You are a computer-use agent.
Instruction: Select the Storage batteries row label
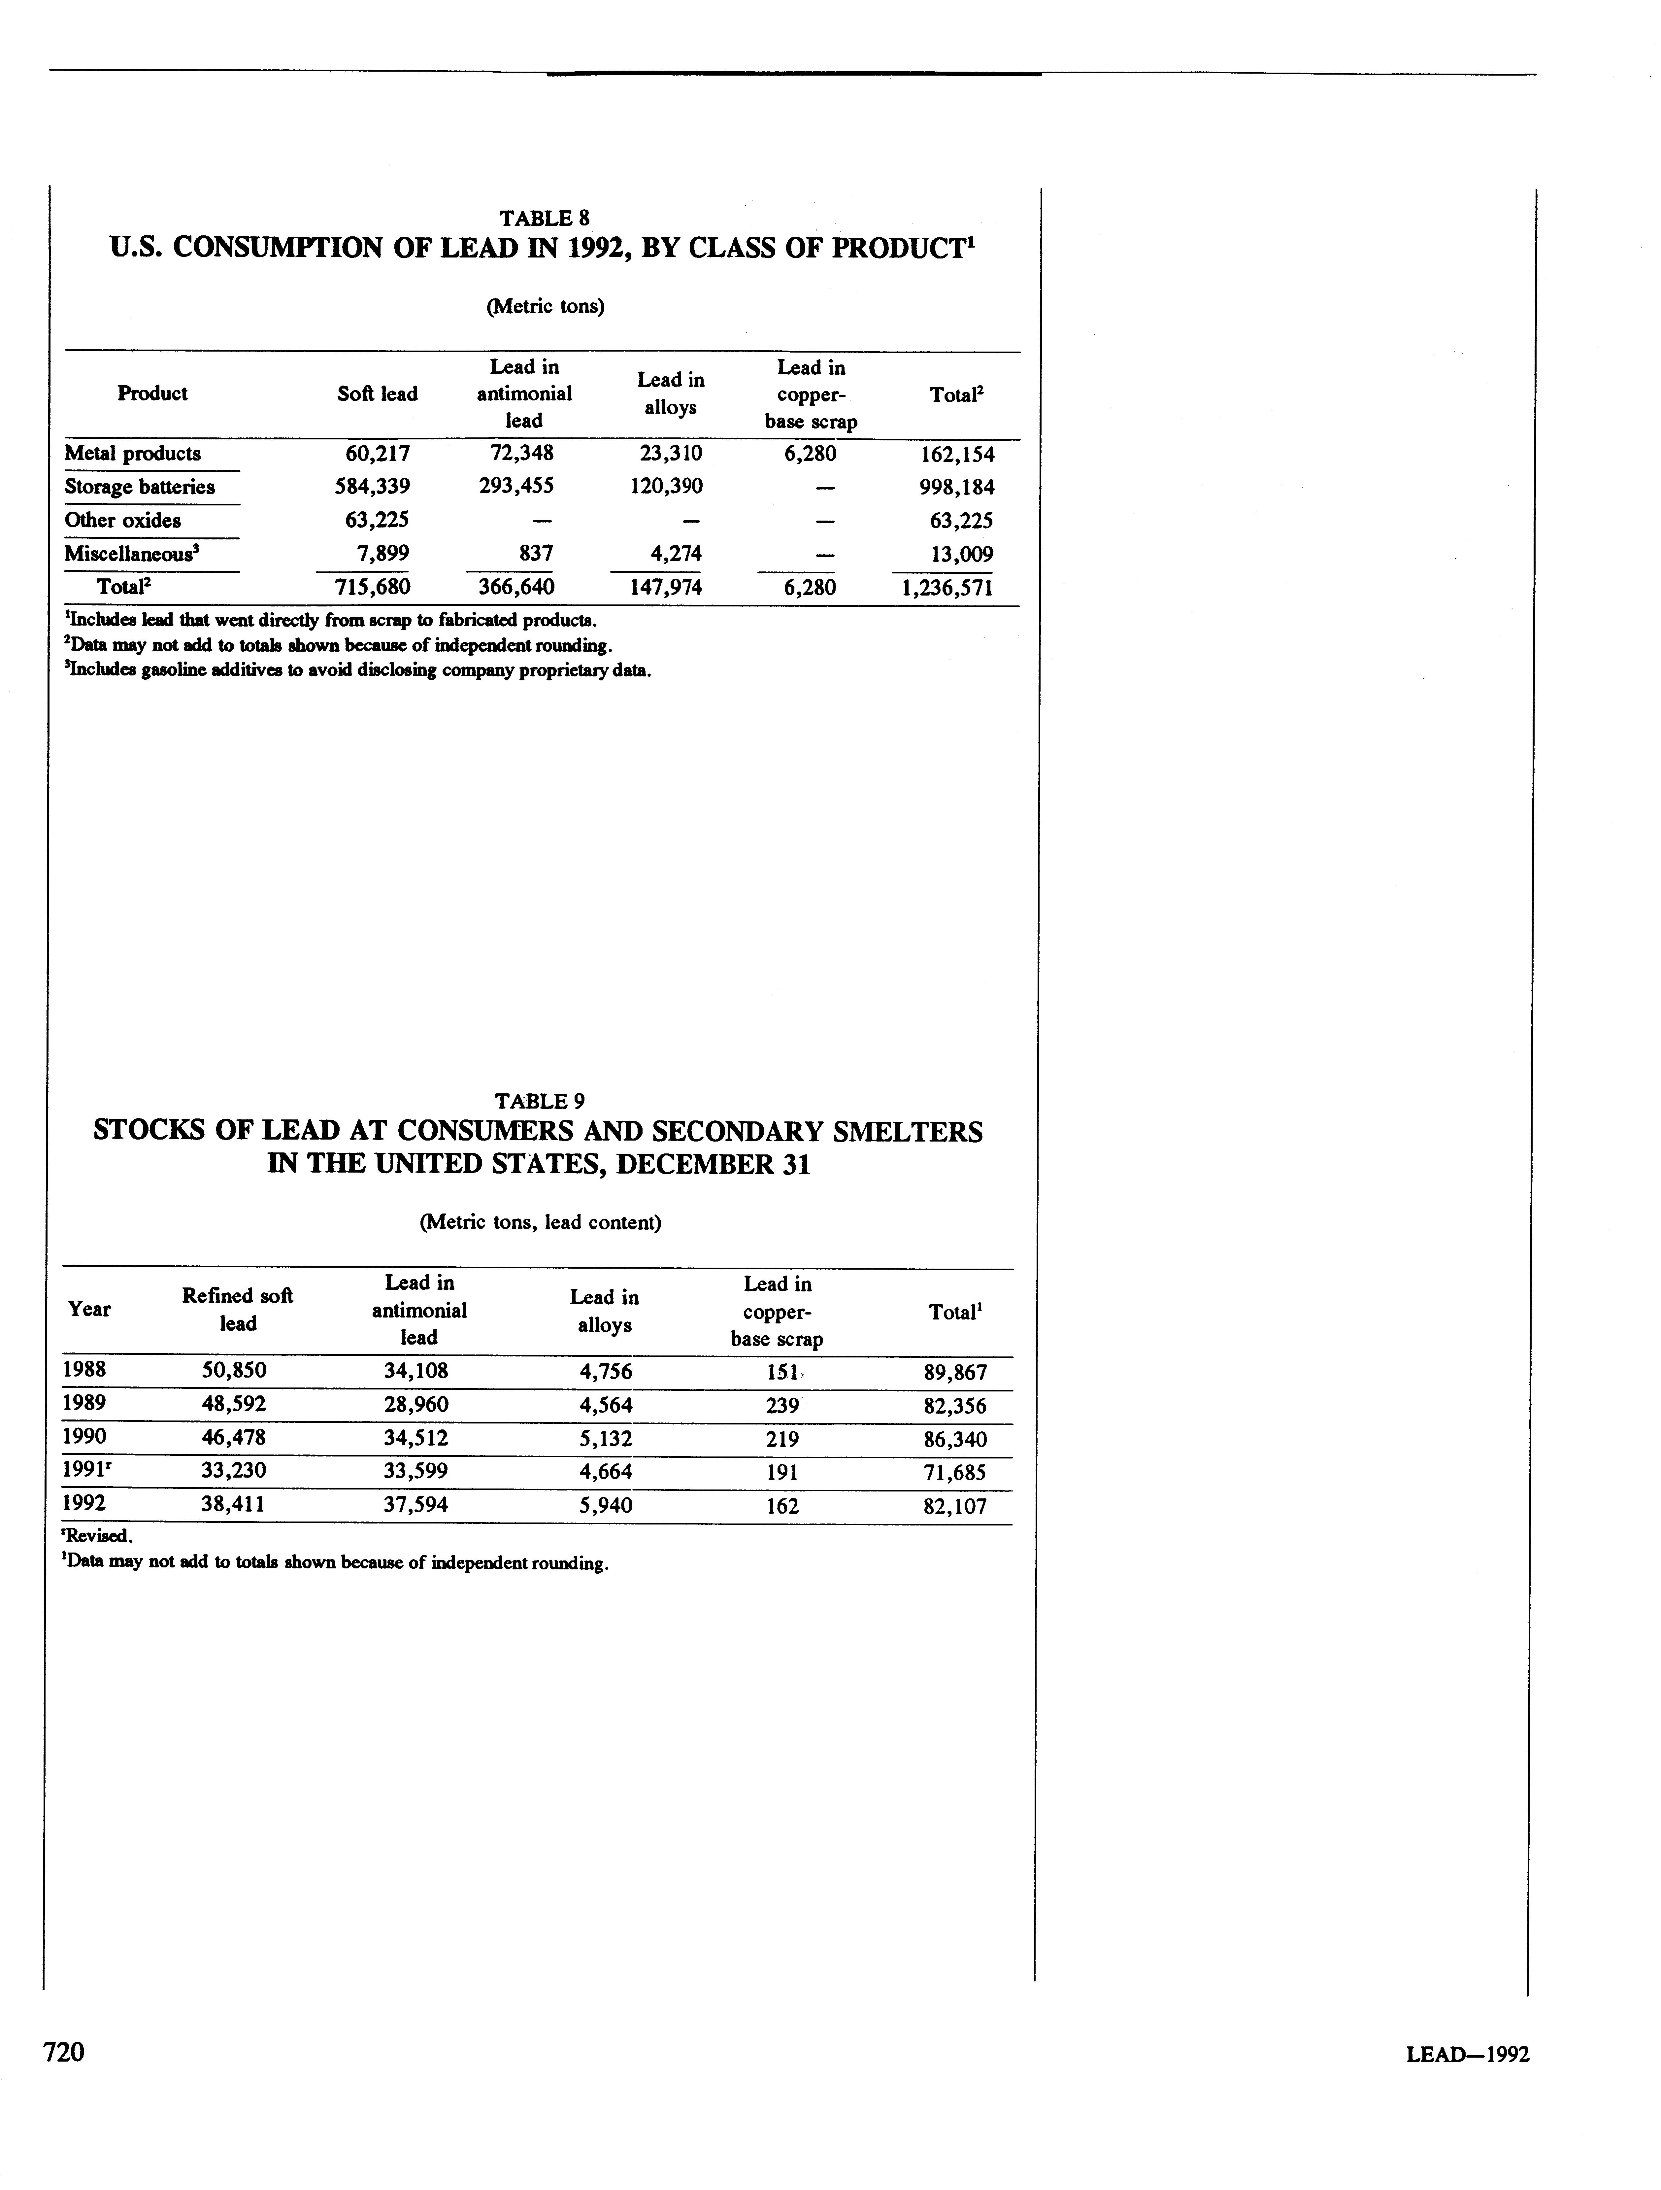(x=140, y=487)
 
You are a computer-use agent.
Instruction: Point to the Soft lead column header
(x=377, y=394)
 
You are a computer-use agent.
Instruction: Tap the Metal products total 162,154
(x=956, y=455)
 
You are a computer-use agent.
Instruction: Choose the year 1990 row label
(x=84, y=1437)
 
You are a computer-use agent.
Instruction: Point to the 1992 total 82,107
(x=954, y=1507)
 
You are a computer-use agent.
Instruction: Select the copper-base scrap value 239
(x=782, y=1405)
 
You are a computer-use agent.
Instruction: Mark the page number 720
(x=63, y=2051)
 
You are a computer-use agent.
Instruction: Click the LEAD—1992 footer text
(x=1467, y=2054)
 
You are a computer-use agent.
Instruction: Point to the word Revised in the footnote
(x=99, y=1537)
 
